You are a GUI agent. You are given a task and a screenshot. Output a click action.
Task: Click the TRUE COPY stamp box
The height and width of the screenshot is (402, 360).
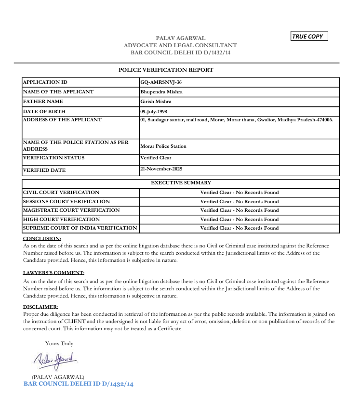click(309, 36)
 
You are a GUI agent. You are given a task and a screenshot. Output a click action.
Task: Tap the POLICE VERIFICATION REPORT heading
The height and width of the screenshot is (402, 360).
click(166, 70)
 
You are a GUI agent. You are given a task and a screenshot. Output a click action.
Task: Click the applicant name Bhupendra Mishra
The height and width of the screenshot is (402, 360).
click(161, 92)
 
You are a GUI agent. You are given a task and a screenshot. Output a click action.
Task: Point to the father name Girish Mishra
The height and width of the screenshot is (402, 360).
click(156, 102)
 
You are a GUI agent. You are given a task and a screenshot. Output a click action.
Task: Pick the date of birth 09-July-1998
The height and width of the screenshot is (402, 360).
click(154, 111)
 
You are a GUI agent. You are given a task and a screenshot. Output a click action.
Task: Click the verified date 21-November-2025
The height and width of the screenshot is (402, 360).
click(161, 169)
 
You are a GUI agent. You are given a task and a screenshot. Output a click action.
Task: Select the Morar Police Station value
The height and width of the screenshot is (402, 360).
click(163, 146)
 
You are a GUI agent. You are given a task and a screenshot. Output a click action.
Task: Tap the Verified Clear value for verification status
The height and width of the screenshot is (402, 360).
click(156, 158)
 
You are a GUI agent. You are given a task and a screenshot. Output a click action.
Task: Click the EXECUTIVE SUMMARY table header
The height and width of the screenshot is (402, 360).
click(181, 183)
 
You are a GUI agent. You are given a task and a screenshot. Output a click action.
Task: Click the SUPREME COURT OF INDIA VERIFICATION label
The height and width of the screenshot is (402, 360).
click(80, 228)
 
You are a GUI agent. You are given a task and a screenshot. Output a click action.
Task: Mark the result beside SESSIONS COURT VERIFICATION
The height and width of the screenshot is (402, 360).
click(240, 201)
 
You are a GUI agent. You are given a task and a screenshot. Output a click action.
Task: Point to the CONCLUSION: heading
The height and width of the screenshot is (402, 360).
click(42, 238)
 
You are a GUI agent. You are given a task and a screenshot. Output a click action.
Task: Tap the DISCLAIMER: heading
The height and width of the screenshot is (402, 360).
click(40, 307)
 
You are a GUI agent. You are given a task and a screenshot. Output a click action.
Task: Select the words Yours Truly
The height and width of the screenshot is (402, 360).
click(59, 343)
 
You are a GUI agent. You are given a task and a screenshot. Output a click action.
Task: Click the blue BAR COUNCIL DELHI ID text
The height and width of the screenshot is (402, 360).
click(78, 384)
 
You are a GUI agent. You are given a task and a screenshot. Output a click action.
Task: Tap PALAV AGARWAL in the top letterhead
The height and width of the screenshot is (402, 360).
click(180, 38)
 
